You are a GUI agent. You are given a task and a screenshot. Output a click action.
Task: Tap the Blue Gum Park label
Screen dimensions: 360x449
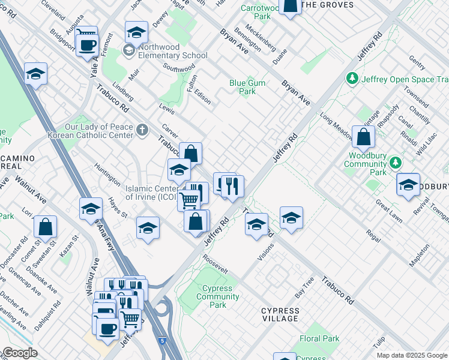coord(243,88)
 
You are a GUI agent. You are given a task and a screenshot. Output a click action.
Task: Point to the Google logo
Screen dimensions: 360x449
coord(19,353)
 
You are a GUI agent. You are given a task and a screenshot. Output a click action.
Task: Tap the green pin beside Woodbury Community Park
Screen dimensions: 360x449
coord(395,163)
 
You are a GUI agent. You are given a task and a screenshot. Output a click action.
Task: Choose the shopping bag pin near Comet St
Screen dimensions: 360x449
coord(45,227)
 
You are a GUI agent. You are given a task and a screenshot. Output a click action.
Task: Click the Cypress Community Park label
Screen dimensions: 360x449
coord(217,296)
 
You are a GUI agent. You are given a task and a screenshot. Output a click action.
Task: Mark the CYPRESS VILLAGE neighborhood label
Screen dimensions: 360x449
coord(280,314)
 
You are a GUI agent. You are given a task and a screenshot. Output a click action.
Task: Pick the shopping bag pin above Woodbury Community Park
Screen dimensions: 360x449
coord(363,137)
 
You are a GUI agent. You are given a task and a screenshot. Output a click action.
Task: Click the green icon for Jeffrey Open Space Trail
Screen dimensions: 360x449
coord(352,79)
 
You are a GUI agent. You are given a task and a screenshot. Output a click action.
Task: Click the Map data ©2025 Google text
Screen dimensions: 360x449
coord(412,355)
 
